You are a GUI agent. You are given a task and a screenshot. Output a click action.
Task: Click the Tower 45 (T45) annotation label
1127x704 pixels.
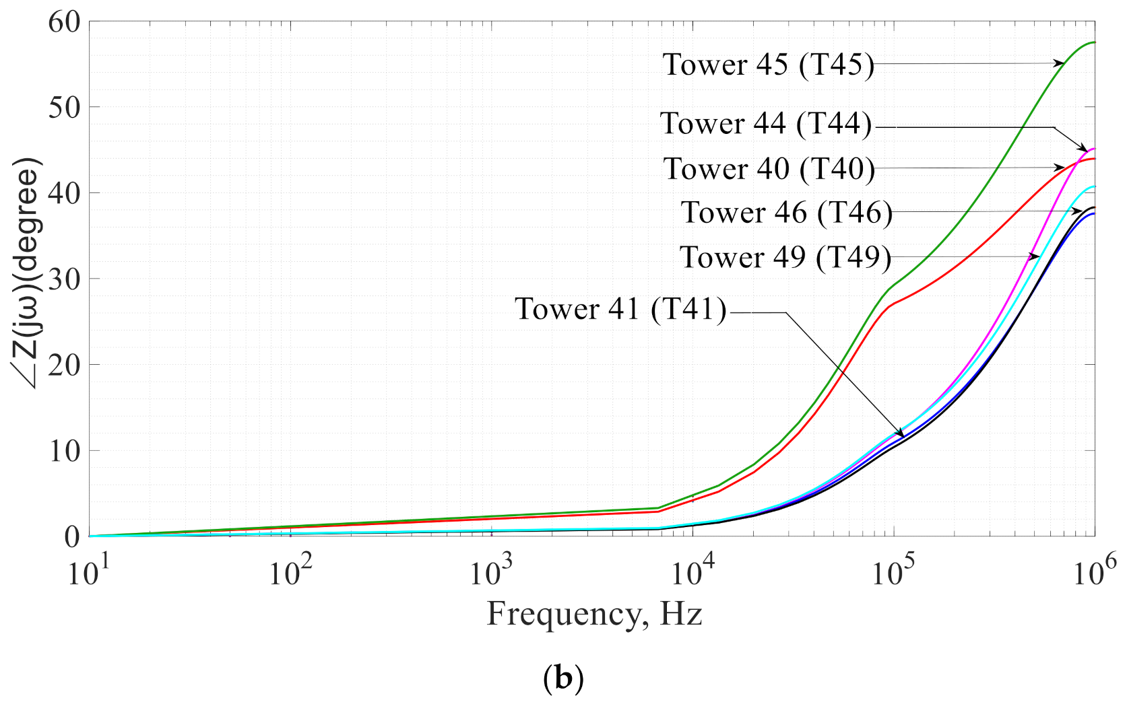pyautogui.click(x=768, y=65)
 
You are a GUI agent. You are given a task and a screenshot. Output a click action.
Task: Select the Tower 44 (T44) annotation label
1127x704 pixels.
pyautogui.click(x=766, y=124)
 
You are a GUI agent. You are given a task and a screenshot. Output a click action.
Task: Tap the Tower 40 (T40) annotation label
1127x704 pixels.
pyautogui.click(x=769, y=169)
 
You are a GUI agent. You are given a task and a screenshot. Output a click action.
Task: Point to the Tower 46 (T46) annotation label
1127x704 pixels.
pyautogui.click(x=786, y=213)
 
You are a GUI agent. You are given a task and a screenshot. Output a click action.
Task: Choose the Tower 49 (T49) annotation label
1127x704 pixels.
pyautogui.click(x=785, y=257)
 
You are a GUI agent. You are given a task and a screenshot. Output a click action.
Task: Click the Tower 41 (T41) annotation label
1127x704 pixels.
pyautogui.click(x=620, y=309)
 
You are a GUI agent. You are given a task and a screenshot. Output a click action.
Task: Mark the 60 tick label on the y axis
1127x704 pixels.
pyautogui.click(x=64, y=22)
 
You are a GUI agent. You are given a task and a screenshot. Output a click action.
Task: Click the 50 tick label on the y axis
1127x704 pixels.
pyautogui.click(x=64, y=107)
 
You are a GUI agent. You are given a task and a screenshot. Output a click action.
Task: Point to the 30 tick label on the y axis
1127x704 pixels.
pyautogui.click(x=64, y=279)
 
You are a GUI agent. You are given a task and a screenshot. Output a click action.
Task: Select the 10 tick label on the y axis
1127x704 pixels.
pyautogui.click(x=64, y=451)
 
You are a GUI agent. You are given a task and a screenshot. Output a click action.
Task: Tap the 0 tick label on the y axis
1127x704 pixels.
pyautogui.click(x=71, y=537)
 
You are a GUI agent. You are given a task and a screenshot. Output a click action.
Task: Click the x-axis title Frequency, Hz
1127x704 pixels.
pyautogui.click(x=594, y=614)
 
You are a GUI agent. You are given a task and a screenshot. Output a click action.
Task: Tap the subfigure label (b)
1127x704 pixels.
pyautogui.click(x=562, y=678)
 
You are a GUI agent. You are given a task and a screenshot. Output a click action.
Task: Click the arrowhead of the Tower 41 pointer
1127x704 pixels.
pyautogui.click(x=901, y=435)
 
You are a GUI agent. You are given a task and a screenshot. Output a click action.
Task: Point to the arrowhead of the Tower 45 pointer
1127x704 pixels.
pyautogui.click(x=1060, y=63)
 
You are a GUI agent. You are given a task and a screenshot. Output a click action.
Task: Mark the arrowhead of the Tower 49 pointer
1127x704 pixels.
pyautogui.click(x=1036, y=256)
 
